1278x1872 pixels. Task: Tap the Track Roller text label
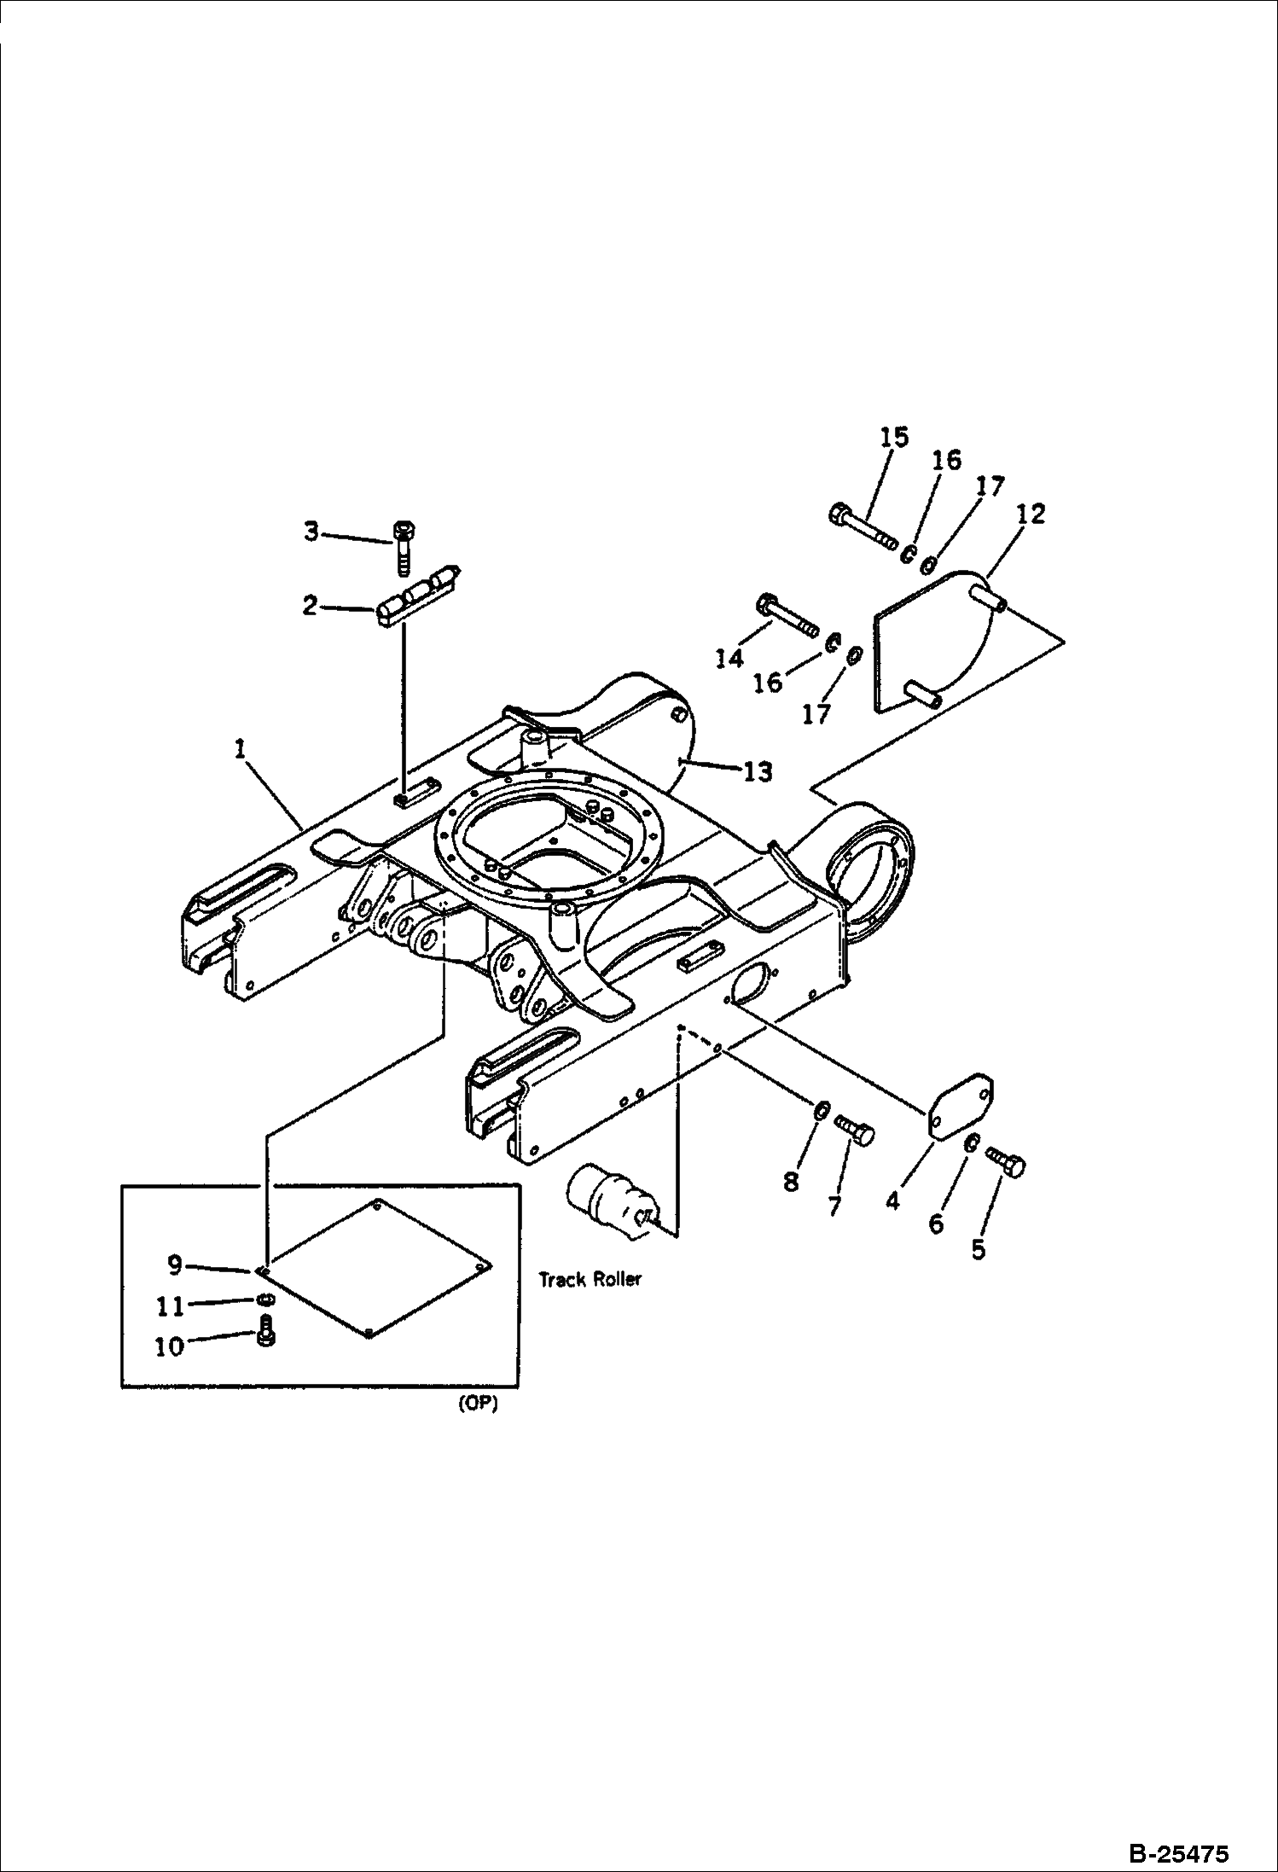[x=590, y=1279]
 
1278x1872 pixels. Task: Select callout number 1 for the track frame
[x=241, y=749]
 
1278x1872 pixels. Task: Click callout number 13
[x=758, y=771]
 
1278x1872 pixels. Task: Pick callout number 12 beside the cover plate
[x=1030, y=514]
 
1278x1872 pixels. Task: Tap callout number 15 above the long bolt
[x=895, y=437]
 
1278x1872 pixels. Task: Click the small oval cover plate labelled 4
[x=961, y=1107]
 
